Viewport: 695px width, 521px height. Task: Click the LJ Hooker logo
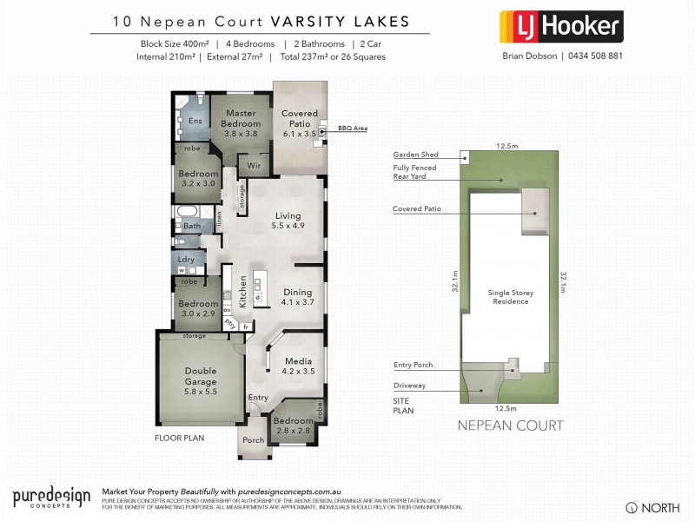560,26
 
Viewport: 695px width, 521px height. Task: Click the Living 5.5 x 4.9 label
288,221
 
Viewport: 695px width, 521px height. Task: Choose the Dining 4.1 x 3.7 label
297,298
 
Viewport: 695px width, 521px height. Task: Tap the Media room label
298,364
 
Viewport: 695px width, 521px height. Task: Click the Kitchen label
243,292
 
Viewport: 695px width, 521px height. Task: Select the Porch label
253,439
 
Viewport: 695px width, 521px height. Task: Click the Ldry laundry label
186,259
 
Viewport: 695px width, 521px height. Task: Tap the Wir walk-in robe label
255,164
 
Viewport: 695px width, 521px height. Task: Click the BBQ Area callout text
353,128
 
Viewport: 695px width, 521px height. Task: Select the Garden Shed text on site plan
415,155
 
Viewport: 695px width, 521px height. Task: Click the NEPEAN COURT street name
510,425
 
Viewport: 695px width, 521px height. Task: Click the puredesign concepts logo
51,498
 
